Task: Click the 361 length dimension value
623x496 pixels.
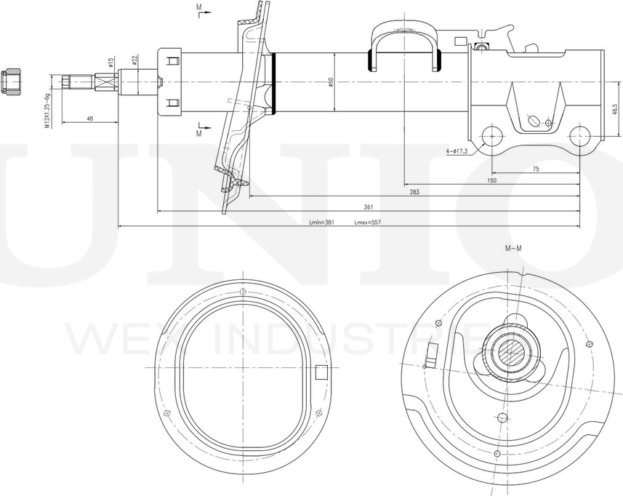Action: click(369, 207)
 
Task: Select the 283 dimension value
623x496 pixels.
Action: click(414, 192)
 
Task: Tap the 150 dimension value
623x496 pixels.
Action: click(491, 180)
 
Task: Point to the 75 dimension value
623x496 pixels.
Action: click(536, 169)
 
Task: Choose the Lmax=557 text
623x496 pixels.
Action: click(368, 223)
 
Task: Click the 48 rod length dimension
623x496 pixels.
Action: click(89, 119)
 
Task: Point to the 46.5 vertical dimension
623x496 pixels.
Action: click(615, 109)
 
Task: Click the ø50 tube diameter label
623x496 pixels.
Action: click(331, 82)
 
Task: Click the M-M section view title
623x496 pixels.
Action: click(513, 249)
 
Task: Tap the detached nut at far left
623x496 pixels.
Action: click(13, 82)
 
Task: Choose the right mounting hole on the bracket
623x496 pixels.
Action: click(579, 135)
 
